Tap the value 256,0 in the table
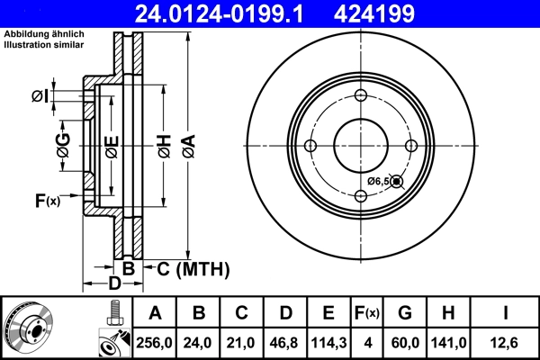(x=155, y=342)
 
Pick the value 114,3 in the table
(x=328, y=342)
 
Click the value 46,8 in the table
(x=285, y=342)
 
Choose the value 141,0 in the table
(x=449, y=342)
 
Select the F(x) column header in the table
(x=368, y=312)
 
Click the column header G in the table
(x=406, y=312)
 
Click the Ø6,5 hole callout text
(x=378, y=182)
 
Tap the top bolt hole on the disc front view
(x=361, y=96)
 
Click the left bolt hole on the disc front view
(x=310, y=147)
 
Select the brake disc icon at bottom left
(x=29, y=327)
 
